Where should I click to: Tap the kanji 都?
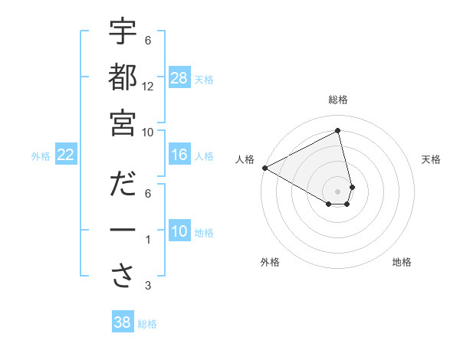pos(123,77)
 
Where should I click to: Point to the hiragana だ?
pos(123,185)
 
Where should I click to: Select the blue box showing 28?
pos(179,78)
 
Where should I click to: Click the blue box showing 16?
pos(179,155)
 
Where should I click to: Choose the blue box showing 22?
pos(65,155)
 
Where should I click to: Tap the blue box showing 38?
pos(122,322)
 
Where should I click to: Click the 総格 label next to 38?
pos(147,324)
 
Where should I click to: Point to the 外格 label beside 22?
pos(41,156)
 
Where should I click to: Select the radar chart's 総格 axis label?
pos(338,100)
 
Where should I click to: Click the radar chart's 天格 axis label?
pos(431,159)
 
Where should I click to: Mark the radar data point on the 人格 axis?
pos(264,168)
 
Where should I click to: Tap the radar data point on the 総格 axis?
pos(338,130)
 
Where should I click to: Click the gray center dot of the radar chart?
pos(338,191)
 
